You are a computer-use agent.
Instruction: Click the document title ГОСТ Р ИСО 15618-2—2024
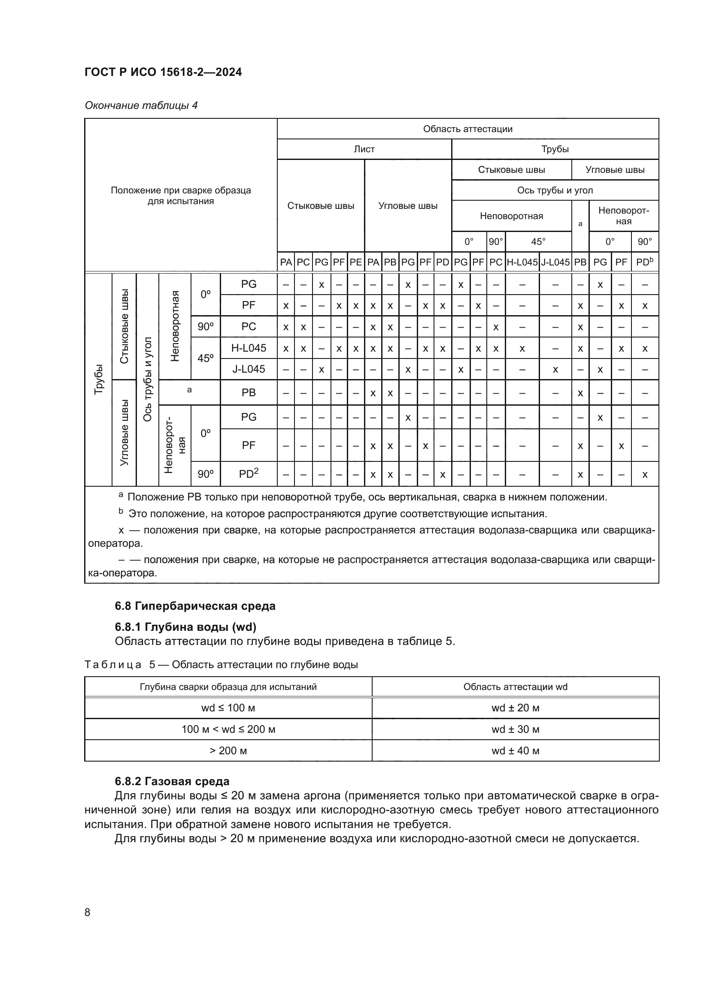[163, 72]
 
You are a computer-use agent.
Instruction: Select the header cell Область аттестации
[467, 129]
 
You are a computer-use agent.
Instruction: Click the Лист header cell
[364, 149]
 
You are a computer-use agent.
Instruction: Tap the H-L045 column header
[522, 262]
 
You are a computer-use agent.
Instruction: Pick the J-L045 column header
[555, 262]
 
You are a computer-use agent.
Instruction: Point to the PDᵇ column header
[644, 262]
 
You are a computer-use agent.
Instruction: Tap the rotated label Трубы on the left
[99, 379]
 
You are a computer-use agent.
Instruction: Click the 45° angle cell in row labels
[206, 358]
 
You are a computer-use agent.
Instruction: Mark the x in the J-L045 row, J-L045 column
[555, 370]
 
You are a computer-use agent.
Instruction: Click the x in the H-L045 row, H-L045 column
[522, 349]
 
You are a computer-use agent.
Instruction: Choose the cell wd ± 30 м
[515, 729]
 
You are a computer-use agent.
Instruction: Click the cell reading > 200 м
[228, 750]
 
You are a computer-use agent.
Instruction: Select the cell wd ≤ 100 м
[228, 708]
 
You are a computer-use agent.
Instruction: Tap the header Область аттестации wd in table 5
[515, 687]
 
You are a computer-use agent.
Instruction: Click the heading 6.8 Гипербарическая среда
[195, 606]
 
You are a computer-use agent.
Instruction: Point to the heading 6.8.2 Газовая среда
[172, 781]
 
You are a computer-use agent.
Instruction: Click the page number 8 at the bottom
[88, 912]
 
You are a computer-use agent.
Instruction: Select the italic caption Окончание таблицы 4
[141, 105]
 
